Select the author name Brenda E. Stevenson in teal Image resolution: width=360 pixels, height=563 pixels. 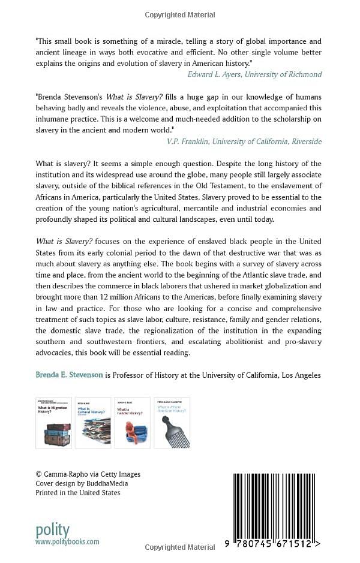(x=69, y=375)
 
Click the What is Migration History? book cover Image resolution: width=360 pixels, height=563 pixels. (x=54, y=422)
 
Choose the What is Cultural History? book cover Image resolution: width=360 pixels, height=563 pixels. (x=93, y=422)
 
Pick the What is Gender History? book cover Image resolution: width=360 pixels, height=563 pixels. (x=132, y=422)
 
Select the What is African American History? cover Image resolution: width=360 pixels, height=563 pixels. (x=172, y=422)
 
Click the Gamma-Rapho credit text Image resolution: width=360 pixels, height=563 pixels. (x=88, y=474)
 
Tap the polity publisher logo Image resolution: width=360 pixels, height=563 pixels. (x=53, y=530)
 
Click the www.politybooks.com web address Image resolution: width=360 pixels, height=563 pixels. (x=67, y=541)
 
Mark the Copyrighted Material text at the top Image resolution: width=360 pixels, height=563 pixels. (x=180, y=13)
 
